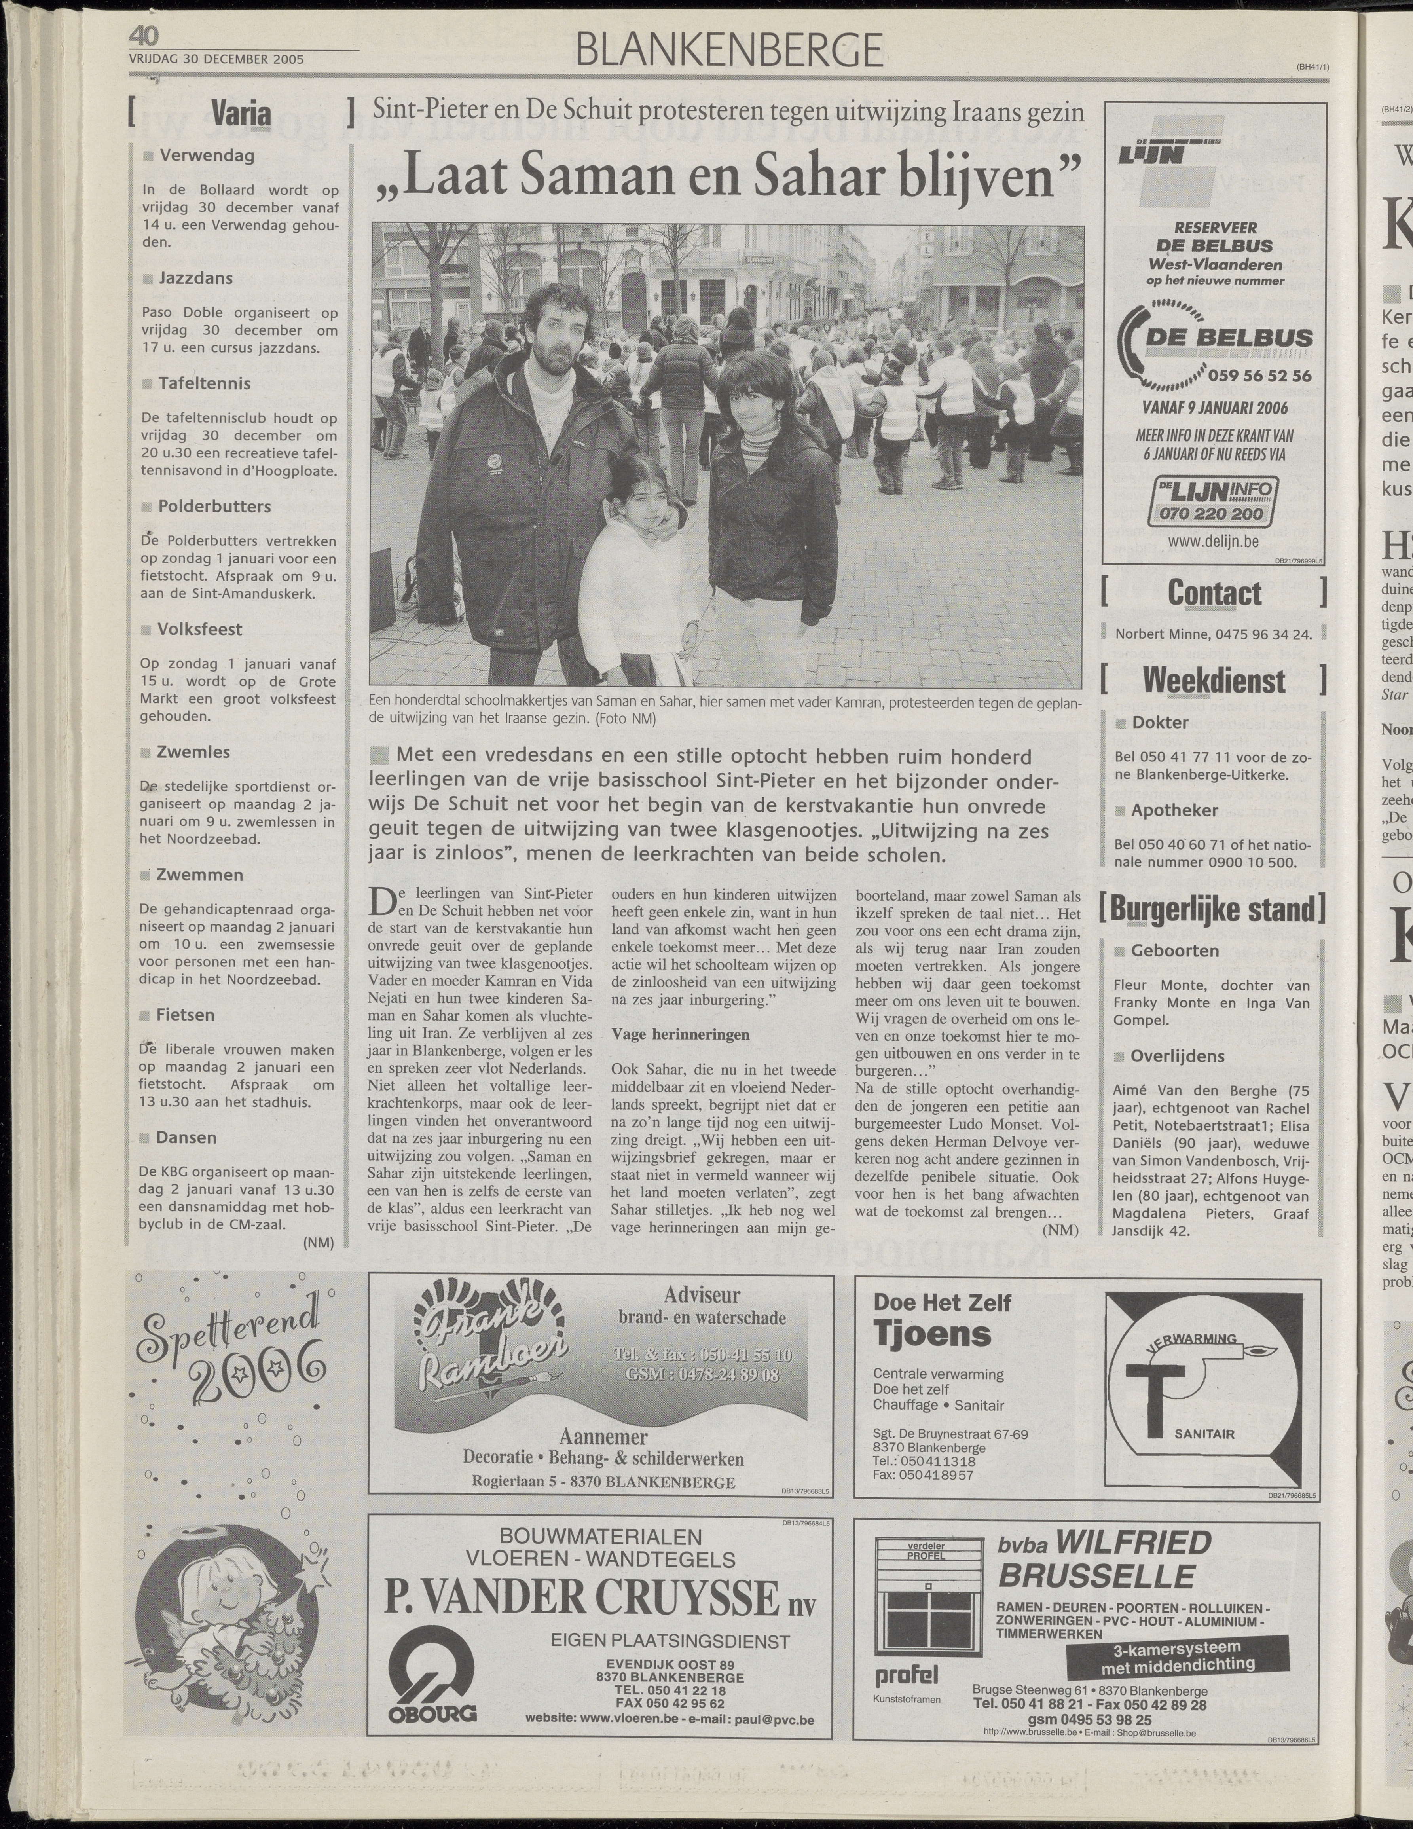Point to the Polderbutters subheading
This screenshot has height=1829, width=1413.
click(214, 507)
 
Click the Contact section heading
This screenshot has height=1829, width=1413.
click(1214, 593)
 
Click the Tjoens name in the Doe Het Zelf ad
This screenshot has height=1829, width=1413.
click(931, 1334)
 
